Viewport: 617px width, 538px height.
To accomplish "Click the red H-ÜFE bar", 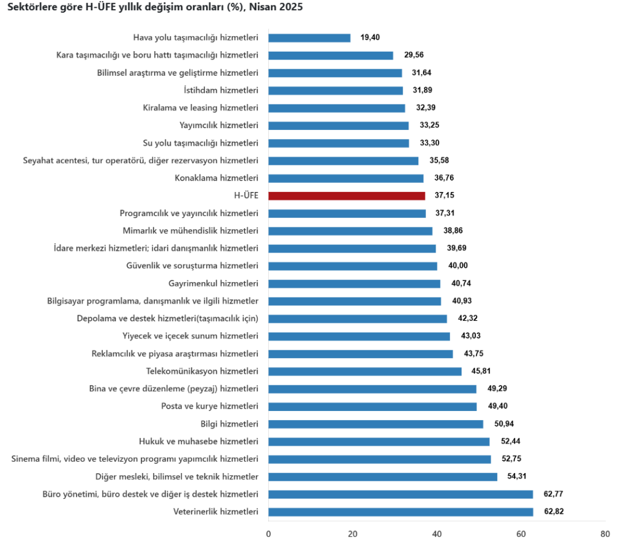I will point(346,196).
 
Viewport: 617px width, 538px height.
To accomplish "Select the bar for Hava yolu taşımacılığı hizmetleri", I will point(309,38).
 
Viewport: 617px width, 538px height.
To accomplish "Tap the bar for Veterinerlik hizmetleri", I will point(401,512).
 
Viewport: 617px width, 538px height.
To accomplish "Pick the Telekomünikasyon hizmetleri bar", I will point(365,371).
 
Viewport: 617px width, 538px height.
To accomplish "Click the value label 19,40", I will point(371,38).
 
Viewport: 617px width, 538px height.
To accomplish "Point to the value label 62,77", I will point(553,495).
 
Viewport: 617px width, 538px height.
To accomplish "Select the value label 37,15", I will point(445,196).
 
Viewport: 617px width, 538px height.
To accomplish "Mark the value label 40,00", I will point(457,266).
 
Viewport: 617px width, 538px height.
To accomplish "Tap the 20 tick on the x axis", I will point(352,533).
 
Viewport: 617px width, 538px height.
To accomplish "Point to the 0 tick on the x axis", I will point(268,533).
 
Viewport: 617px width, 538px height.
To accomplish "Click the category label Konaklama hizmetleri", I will point(216,178).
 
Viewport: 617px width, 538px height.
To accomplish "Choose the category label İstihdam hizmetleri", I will point(221,90).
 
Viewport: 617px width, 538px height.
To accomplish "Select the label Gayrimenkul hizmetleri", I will point(213,283).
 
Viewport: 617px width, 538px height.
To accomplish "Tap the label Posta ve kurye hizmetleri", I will point(210,406).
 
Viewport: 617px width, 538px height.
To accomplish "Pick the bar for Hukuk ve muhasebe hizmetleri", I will point(379,442).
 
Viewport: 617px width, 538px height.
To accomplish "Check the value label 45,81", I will point(482,371).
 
